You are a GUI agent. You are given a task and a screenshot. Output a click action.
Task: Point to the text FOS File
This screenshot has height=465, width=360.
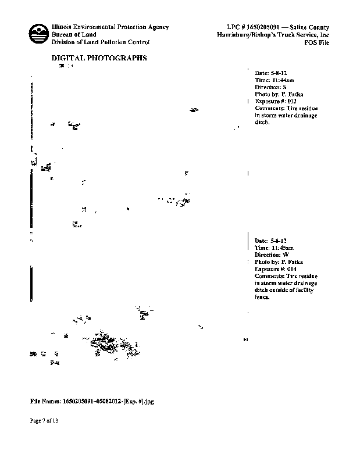click(317, 42)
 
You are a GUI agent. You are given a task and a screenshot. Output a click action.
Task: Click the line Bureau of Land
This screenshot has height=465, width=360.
click(74, 35)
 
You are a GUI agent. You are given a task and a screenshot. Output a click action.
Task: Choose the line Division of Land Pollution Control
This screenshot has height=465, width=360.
click(101, 42)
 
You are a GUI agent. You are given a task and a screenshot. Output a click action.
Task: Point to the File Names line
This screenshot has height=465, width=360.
click(92, 401)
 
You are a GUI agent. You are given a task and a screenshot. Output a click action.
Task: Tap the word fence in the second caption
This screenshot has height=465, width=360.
click(262, 296)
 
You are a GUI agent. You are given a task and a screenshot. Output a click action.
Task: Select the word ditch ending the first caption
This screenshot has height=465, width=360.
click(262, 122)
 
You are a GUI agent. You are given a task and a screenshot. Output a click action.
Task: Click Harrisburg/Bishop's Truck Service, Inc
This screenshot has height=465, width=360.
click(272, 35)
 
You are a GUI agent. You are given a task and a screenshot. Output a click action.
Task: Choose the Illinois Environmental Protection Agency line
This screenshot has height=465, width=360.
click(111, 27)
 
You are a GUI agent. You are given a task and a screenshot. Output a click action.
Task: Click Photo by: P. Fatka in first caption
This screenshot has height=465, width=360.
click(279, 94)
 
